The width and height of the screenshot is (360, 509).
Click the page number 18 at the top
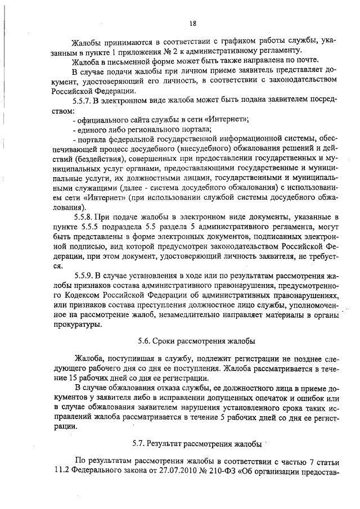[192, 23]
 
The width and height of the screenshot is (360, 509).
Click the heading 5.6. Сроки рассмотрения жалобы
[196, 341]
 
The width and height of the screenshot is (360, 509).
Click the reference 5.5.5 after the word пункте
[94, 227]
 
